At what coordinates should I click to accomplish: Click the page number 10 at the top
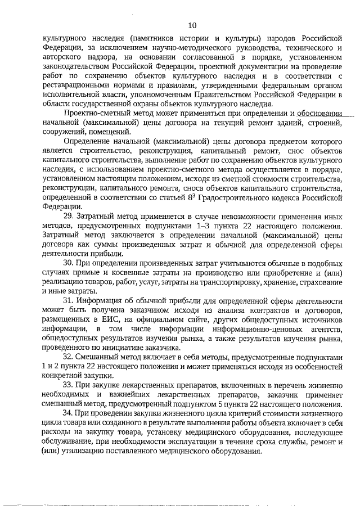[192, 25]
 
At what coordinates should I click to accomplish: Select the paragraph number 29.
[69, 216]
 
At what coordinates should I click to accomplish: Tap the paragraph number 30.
[69, 263]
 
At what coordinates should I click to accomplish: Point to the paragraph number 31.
[69, 300]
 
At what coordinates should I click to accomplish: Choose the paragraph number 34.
[69, 413]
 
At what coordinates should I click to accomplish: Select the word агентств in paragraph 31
[321, 328]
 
